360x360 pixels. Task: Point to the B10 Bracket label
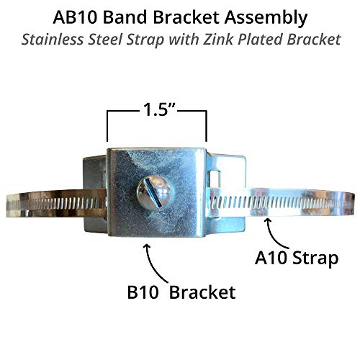pos(181,292)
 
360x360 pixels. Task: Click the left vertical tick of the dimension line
pos(107,127)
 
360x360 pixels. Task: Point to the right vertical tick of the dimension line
pos(207,127)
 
